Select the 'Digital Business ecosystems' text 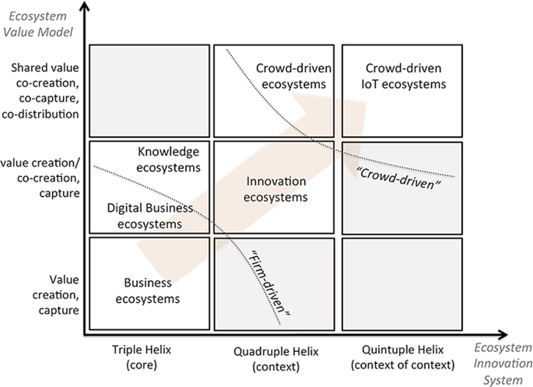(146, 216)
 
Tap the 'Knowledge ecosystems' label (168, 159)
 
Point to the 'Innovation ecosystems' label (276, 189)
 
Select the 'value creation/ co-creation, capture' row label (40, 178)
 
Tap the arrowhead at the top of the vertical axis (84, 8)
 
